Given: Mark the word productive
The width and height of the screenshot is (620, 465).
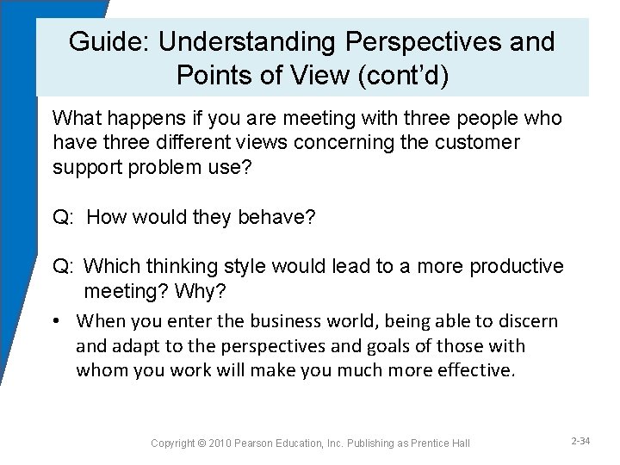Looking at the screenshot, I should click(518, 267).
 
